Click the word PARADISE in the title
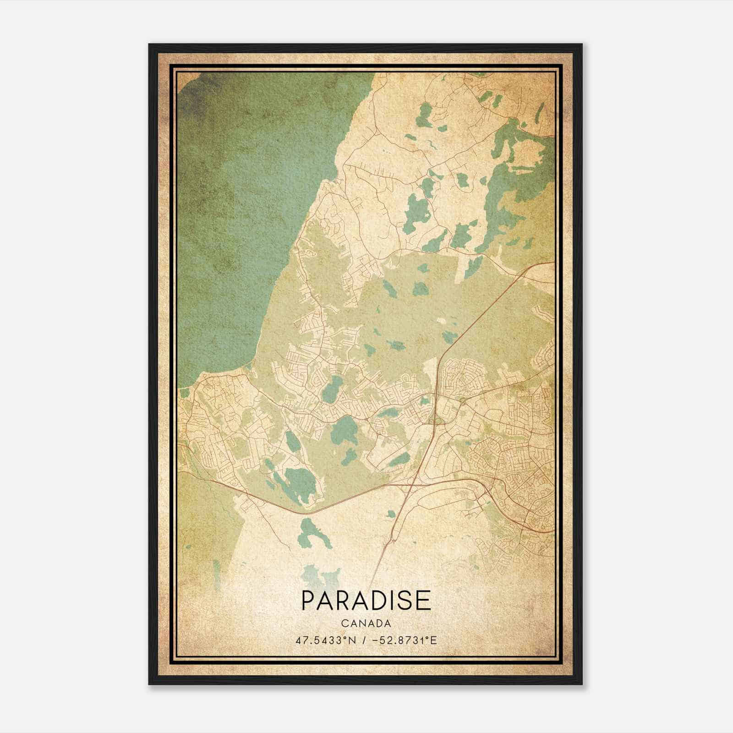coord(366,601)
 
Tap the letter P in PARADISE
coord(307,601)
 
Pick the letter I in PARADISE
coord(394,601)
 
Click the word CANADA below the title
coord(366,624)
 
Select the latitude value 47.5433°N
coord(322,640)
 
